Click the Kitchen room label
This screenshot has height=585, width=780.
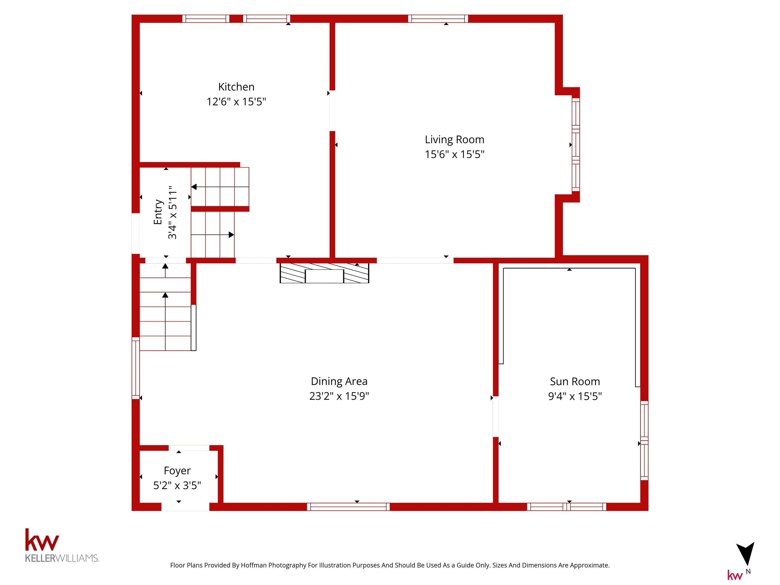(236, 87)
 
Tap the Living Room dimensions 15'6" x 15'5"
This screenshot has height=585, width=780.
(454, 154)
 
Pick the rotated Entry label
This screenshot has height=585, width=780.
(158, 212)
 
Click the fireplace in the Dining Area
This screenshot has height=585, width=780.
(324, 273)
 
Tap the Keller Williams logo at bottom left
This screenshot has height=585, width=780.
(62, 545)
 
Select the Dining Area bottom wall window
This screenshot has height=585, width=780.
(348, 507)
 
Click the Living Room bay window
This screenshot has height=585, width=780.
(576, 144)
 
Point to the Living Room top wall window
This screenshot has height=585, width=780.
(438, 19)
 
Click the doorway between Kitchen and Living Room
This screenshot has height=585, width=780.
(332, 111)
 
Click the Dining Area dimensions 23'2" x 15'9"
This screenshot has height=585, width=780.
(339, 396)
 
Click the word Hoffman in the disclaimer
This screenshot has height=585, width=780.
(254, 565)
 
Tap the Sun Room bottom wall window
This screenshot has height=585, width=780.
(567, 507)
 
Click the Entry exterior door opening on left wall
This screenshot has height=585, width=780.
(136, 233)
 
